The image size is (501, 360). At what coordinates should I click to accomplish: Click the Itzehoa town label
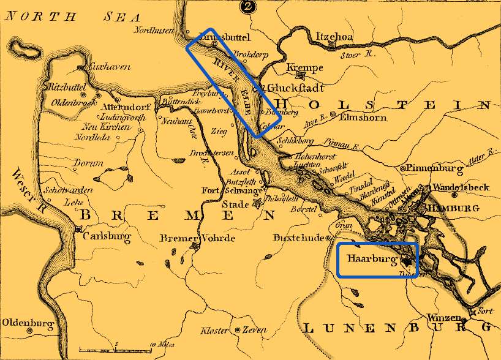[334, 37]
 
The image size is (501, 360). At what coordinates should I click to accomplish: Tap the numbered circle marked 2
[247, 7]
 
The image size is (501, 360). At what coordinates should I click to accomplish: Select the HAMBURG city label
[459, 208]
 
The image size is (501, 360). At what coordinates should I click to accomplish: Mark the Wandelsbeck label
[460, 187]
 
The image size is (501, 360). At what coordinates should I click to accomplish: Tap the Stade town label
[235, 204]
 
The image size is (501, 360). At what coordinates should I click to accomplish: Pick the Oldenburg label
[28, 322]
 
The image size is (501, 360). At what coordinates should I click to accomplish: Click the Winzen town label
[443, 318]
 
